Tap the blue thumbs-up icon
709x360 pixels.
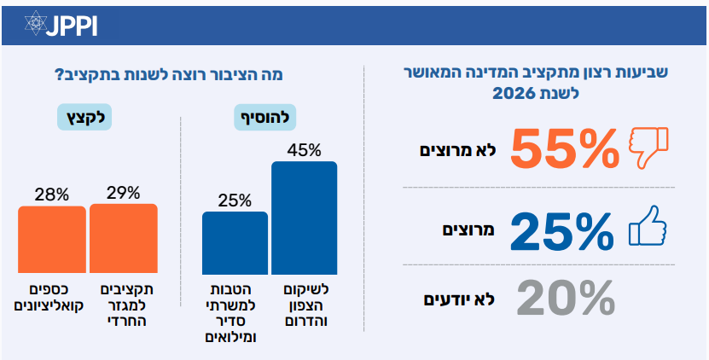tap(646, 228)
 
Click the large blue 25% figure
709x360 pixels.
tap(561, 229)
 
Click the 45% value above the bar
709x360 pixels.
tap(305, 150)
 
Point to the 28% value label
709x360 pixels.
tap(52, 194)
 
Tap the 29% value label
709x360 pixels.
tap(124, 193)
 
